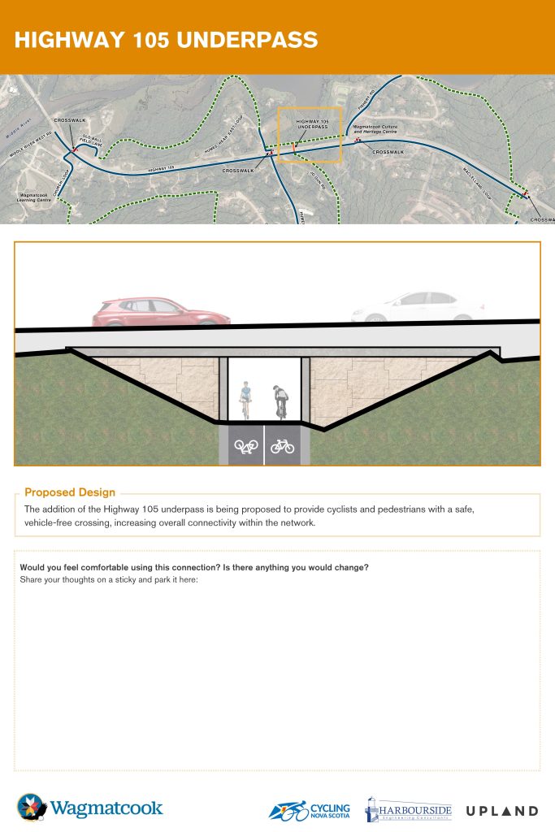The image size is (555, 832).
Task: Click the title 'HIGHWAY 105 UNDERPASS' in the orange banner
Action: [x=166, y=40]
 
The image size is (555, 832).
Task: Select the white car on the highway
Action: [x=410, y=309]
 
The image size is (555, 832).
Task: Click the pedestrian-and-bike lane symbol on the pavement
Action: [x=245, y=446]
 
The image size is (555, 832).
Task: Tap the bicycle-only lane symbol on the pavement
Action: [x=282, y=446]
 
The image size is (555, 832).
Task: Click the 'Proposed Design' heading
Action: [x=70, y=492]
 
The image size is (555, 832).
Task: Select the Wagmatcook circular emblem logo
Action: [x=32, y=808]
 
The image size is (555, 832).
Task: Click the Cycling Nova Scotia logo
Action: [x=310, y=809]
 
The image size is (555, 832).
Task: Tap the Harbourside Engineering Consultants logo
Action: [x=408, y=809]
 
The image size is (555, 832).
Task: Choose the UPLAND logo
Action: [x=501, y=811]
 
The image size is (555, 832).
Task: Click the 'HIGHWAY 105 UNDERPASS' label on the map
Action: [x=312, y=125]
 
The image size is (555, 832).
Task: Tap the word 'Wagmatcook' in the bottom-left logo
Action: [x=106, y=809]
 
